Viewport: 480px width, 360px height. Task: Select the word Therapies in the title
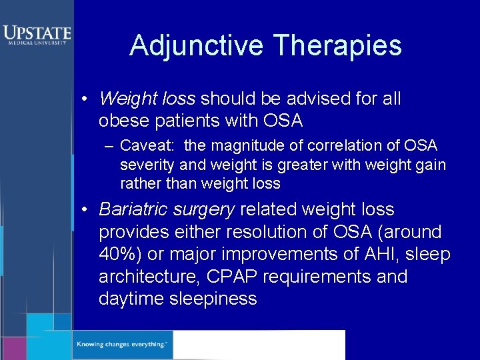point(337,45)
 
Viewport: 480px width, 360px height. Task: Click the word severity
point(143,165)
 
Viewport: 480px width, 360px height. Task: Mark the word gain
point(432,165)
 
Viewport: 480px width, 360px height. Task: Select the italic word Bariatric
point(133,209)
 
